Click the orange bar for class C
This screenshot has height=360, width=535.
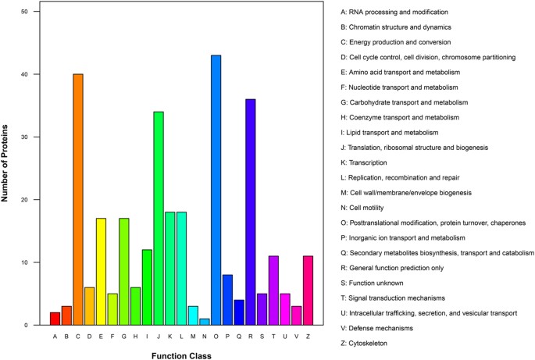[78, 199]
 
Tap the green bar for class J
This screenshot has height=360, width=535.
[159, 218]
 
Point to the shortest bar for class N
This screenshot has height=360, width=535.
[205, 321]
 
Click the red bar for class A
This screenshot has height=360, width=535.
[55, 318]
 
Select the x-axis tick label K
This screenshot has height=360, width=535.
[170, 337]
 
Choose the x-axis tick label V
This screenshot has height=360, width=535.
[297, 337]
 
